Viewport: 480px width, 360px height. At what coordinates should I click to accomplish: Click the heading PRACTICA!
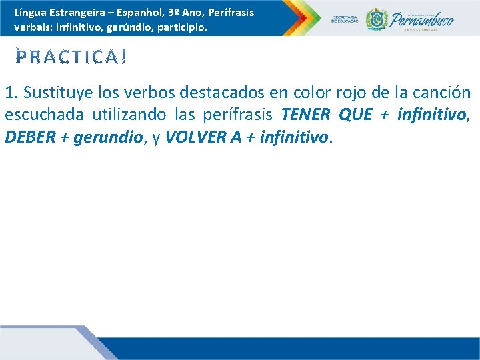point(71,58)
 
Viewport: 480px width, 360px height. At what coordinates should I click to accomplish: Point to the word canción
point(440,93)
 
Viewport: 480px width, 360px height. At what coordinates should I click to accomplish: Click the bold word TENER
point(306,115)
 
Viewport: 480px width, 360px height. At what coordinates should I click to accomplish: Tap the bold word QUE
point(356,115)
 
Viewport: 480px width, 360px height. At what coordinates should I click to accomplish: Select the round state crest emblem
point(377,19)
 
